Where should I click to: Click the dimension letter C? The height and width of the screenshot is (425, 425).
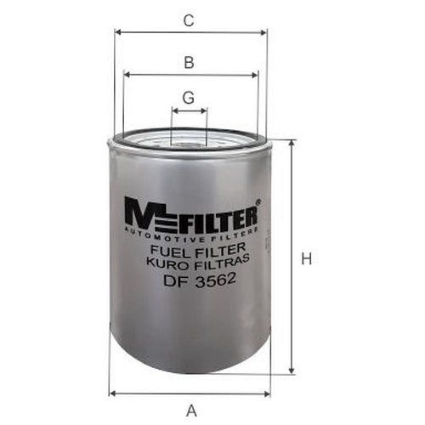[x=190, y=20]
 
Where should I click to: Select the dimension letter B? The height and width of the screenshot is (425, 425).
[x=190, y=62]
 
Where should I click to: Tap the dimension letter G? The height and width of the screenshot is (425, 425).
[x=189, y=97]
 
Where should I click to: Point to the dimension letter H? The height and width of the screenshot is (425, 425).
[x=307, y=259]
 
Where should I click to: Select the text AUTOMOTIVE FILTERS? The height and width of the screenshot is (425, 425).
[x=190, y=231]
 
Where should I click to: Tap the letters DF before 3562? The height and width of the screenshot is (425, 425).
[x=167, y=280]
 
